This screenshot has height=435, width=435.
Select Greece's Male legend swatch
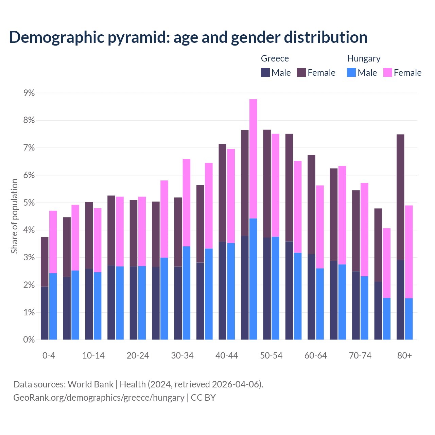tap(265, 72)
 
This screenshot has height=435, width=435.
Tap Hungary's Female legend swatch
tap(387, 72)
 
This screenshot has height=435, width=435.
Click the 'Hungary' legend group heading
tap(364, 58)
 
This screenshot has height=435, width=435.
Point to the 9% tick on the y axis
tap(29, 93)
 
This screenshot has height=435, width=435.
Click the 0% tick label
tap(29, 340)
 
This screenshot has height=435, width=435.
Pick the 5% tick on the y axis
tap(29, 203)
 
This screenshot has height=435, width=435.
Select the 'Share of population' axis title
tap(14, 216)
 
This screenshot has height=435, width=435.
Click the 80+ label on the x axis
tap(404, 355)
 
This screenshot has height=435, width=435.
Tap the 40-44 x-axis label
tap(227, 355)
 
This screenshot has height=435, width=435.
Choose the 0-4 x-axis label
tap(49, 355)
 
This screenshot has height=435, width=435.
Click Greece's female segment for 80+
tap(400, 197)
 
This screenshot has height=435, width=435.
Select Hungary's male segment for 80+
tap(409, 319)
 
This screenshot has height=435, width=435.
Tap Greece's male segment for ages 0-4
tap(45, 313)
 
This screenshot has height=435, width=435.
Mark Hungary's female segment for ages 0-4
tap(53, 242)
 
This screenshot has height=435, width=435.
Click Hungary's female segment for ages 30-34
tap(187, 203)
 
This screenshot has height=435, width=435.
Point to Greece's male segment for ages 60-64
tap(311, 297)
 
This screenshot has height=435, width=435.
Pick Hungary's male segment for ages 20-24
tap(142, 302)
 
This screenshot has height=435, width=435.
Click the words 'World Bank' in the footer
tap(90, 384)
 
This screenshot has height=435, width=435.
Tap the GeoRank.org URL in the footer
tap(99, 398)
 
